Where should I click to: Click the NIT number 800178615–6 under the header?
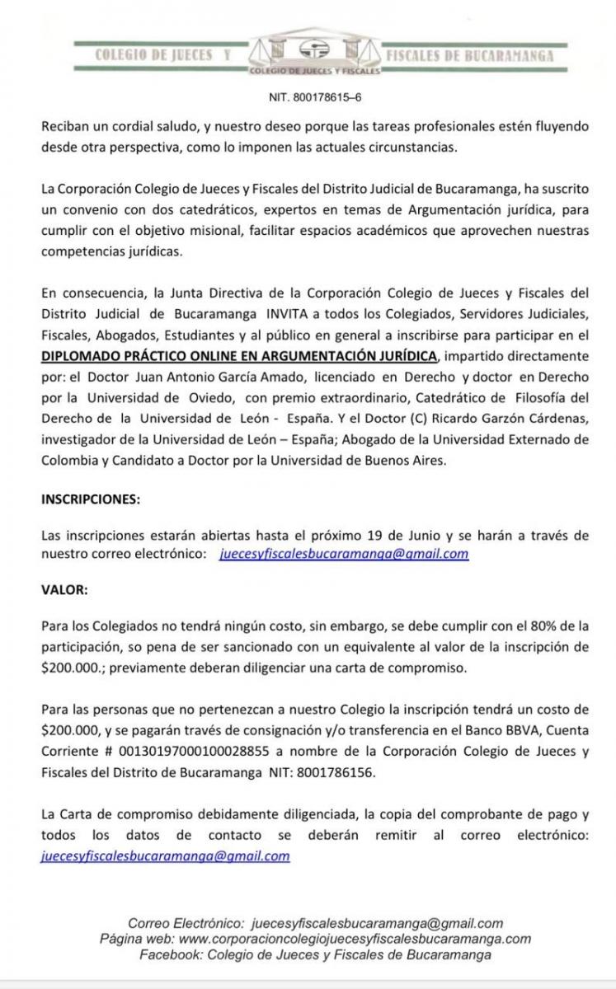pyautogui.click(x=316, y=96)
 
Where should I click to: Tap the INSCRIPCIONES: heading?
pyautogui.click(x=91, y=499)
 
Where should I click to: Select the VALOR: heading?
pyautogui.click(x=63, y=589)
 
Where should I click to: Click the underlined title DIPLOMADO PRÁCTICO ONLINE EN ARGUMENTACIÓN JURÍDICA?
pyautogui.click(x=239, y=355)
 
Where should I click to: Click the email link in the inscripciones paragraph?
pyautogui.click(x=344, y=555)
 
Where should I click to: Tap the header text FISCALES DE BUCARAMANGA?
pyautogui.click(x=470, y=56)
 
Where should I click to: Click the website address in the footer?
pyautogui.click(x=355, y=939)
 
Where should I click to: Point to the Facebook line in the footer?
pyautogui.click(x=316, y=954)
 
